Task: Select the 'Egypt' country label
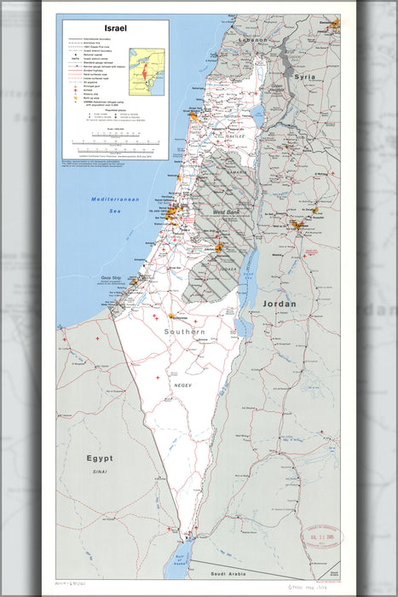click(98, 458)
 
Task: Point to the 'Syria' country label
click(304, 77)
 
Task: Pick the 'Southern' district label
click(185, 331)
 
